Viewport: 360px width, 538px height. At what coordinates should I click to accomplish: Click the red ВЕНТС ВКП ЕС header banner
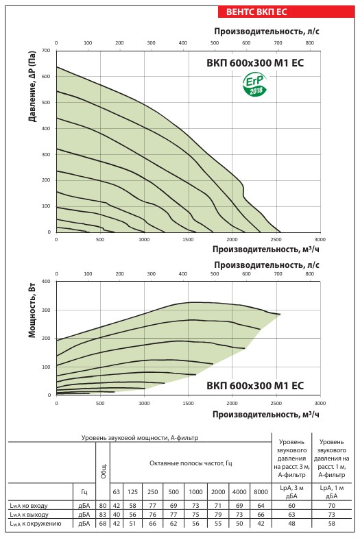pyautogui.click(x=286, y=12)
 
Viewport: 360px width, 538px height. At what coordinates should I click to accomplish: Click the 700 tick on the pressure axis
pyautogui.click(x=46, y=51)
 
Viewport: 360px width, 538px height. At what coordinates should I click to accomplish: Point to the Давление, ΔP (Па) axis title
pyautogui.click(x=32, y=88)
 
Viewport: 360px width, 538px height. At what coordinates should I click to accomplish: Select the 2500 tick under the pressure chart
pyautogui.click(x=276, y=239)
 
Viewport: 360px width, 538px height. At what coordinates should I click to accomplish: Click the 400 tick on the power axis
pyautogui.click(x=46, y=282)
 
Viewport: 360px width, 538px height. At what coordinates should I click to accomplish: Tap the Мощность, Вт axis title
pyautogui.click(x=32, y=315)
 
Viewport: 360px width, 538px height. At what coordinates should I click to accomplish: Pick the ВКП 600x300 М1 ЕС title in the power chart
pyautogui.click(x=255, y=385)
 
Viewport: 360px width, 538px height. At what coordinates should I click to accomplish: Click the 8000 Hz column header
pyautogui.click(x=261, y=491)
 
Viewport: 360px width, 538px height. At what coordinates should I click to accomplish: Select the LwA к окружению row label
pyautogui.click(x=36, y=524)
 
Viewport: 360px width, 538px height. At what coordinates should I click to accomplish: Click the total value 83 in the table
pyautogui.click(x=103, y=515)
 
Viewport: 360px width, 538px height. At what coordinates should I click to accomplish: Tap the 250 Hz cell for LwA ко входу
pyautogui.click(x=153, y=505)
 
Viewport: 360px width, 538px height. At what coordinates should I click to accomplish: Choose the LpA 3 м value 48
pyautogui.click(x=291, y=524)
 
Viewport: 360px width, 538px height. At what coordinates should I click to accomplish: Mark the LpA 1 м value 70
pyautogui.click(x=331, y=505)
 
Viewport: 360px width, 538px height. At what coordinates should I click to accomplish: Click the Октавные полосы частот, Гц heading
pyautogui.click(x=191, y=463)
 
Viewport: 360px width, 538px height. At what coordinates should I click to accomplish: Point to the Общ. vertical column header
pyautogui.click(x=104, y=471)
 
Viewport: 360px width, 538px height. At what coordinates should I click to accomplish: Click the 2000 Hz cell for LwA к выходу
pyautogui.click(x=218, y=515)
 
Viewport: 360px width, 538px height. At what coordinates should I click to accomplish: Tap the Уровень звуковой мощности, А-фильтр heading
pyautogui.click(x=140, y=438)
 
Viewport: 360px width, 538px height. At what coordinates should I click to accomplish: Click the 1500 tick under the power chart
pyautogui.click(x=188, y=403)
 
